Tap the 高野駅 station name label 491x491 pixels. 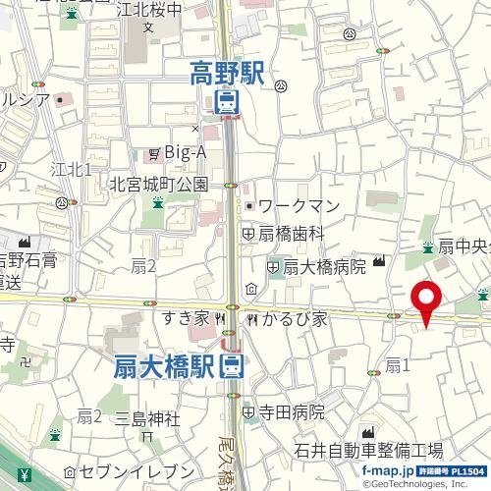point(227,72)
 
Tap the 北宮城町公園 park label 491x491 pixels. point(160,183)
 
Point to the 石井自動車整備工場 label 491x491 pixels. point(368,451)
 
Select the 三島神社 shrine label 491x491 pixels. point(147,419)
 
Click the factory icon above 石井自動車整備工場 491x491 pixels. point(368,433)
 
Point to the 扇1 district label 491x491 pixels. point(396,365)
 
